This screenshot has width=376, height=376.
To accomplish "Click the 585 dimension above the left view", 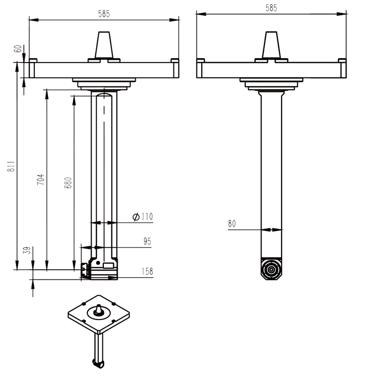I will tap(104, 14).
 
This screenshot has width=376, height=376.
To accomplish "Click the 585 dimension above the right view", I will tap(271, 8).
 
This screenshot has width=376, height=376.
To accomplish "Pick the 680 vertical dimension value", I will tap(68, 183).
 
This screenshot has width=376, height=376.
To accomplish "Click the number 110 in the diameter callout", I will tap(147, 217).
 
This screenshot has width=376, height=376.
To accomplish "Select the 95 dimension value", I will tap(147, 241).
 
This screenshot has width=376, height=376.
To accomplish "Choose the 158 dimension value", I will tap(147, 271).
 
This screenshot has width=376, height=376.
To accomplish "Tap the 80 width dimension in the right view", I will tap(232, 224).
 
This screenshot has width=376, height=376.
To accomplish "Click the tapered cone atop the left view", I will tap(104, 45).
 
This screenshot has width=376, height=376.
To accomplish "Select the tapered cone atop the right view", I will tap(271, 45).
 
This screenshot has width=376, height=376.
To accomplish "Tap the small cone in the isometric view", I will tap(99, 309).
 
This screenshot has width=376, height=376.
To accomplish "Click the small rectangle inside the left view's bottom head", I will tap(108, 266).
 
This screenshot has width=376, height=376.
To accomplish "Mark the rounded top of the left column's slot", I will tap(104, 96).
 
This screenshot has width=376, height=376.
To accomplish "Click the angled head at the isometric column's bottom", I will tap(98, 362).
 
